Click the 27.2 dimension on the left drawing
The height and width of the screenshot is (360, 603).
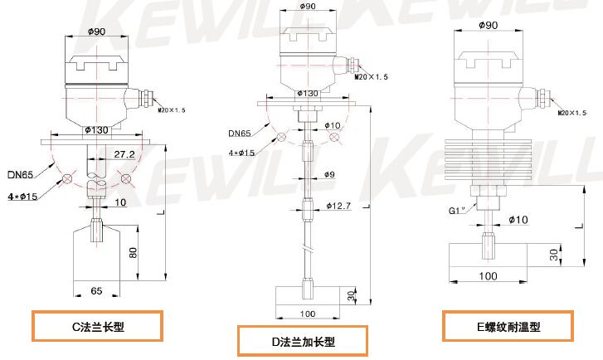coord(125,154)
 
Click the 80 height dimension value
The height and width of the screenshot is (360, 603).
coord(132,252)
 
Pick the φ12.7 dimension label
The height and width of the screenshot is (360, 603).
coord(339,205)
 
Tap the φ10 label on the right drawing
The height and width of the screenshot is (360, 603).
coord(518,219)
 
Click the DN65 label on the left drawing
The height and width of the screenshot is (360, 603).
coord(20,174)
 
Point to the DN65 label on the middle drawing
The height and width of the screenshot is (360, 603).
coord(241,134)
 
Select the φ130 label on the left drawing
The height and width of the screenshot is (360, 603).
coord(99,130)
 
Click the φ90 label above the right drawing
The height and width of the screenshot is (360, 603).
coord(488,26)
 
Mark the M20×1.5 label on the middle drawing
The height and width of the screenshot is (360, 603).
coord(371,77)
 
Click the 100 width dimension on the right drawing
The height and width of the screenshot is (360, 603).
coord(488,275)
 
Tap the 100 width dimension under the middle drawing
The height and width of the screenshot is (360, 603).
coord(309,314)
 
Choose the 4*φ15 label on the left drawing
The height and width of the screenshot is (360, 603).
coord(22,196)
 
